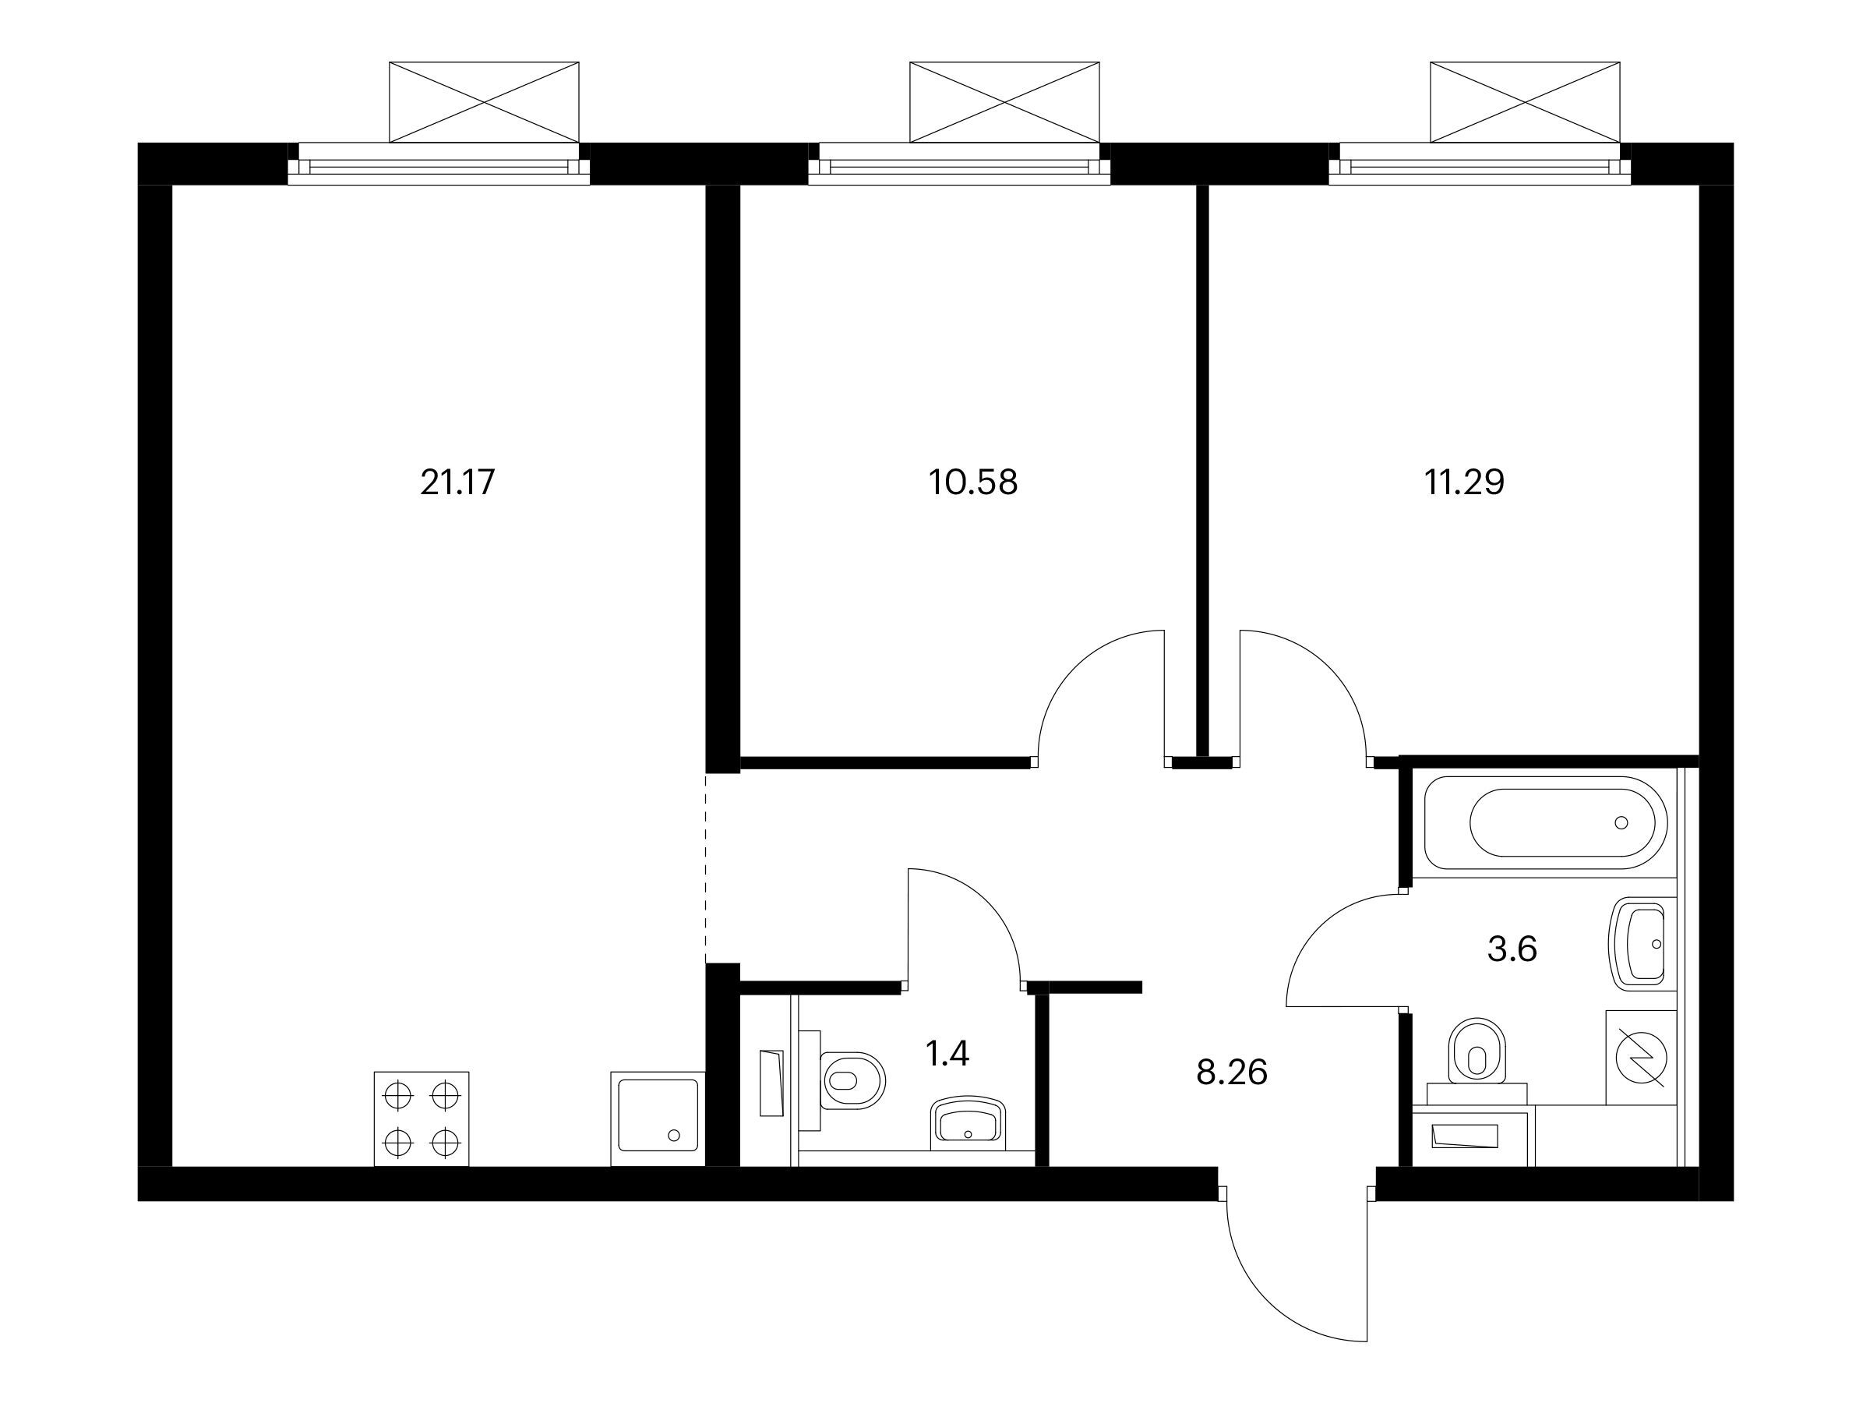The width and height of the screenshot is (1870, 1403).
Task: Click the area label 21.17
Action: pos(457,483)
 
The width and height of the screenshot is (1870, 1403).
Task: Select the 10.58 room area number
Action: pos(973,483)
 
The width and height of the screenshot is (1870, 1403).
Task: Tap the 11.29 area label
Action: pos(1464,483)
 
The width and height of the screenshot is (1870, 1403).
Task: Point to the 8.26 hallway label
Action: pos(1232,1073)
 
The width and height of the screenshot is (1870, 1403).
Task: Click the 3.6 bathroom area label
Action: pos(1512,949)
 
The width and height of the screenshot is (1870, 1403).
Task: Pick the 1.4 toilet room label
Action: pos(947,1054)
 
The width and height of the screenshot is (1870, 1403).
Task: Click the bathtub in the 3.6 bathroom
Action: pos(1545,823)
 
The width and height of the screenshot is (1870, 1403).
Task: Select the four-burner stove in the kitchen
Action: pos(421,1119)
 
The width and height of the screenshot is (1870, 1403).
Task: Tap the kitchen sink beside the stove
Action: pos(658,1119)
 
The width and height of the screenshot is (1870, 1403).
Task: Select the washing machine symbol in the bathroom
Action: pos(1640,1057)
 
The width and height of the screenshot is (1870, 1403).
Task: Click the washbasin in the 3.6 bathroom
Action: pos(1640,944)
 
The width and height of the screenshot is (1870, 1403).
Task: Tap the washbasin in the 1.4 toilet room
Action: pos(968,1123)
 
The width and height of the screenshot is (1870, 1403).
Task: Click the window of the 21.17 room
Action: pos(439,163)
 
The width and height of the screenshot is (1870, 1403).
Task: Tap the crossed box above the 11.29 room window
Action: pos(1525,101)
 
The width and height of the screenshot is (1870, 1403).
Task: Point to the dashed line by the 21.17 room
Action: pos(706,867)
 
